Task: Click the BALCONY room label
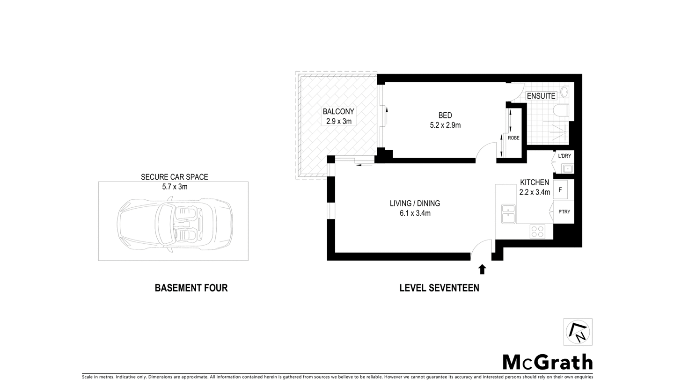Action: tap(338, 112)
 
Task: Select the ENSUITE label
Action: tap(541, 96)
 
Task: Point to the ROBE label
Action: tap(513, 138)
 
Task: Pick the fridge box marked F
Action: tap(560, 190)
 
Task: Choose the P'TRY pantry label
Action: tap(564, 212)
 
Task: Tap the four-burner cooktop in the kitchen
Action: tap(537, 231)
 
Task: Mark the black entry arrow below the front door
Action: tap(482, 269)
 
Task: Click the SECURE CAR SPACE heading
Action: tap(174, 177)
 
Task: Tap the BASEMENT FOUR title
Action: tap(191, 288)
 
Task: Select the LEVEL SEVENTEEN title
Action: tap(439, 288)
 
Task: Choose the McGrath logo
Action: tap(547, 362)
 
